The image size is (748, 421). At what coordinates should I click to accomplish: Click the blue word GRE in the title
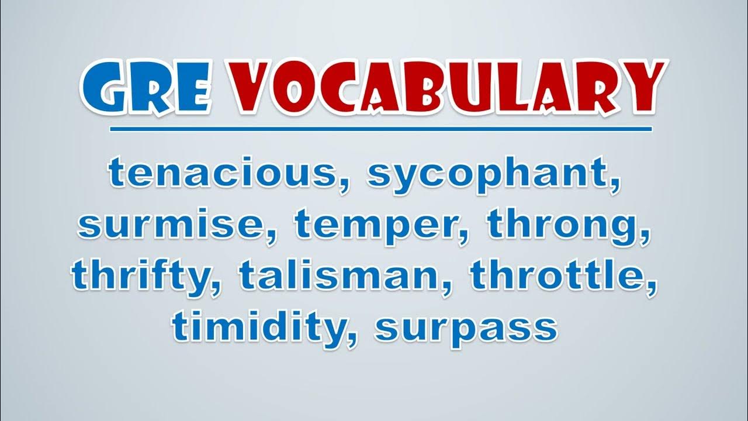(147, 88)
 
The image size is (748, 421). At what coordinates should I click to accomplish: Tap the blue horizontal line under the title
(380, 129)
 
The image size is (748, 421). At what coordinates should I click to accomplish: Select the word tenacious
(222, 173)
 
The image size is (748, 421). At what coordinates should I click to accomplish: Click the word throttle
(557, 275)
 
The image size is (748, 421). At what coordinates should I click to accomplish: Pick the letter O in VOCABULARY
(302, 88)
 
